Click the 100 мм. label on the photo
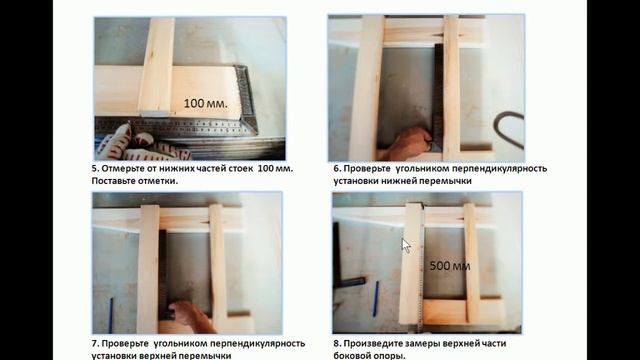click(206, 102)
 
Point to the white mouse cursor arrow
click(406, 244)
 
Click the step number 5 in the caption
click(94, 168)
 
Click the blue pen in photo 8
click(375, 298)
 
